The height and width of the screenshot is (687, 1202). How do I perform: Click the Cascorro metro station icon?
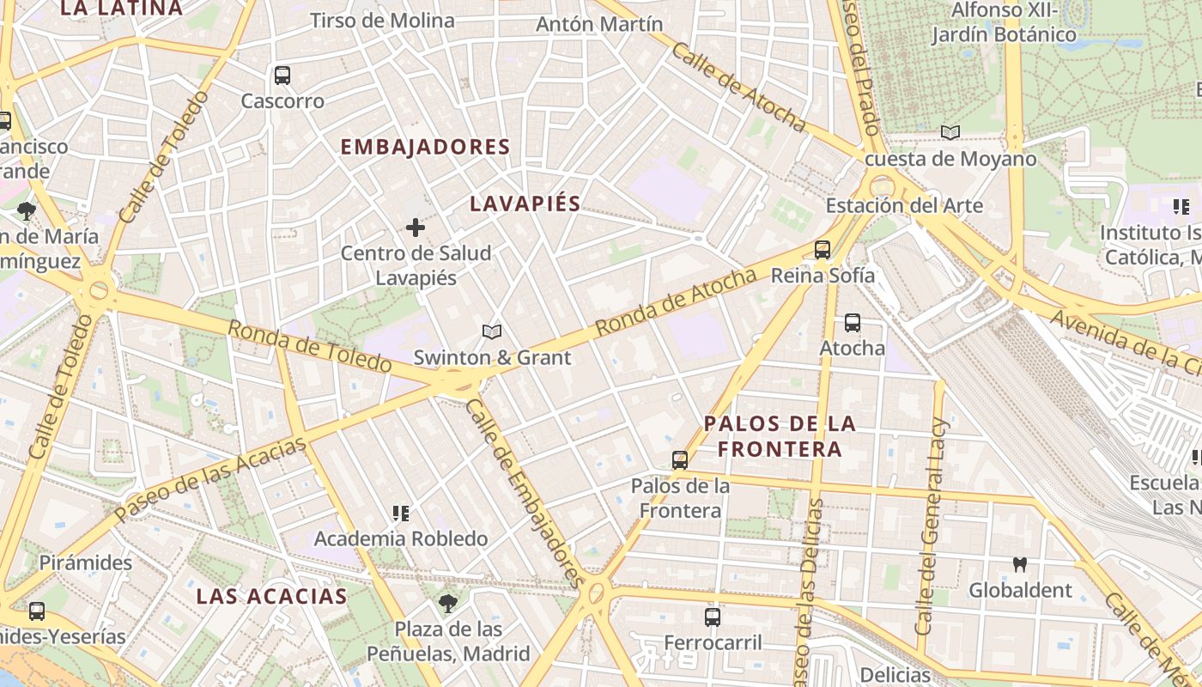282,76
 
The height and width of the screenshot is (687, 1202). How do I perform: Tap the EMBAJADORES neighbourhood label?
426,147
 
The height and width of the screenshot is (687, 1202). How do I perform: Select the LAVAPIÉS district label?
526,204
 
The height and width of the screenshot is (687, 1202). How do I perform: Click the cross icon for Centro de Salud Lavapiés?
416,228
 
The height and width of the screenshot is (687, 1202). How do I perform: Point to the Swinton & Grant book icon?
491,331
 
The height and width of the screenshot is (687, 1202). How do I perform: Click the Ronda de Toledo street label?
309,346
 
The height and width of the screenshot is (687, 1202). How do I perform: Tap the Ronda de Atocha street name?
677,302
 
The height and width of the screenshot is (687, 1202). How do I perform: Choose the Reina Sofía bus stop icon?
823,250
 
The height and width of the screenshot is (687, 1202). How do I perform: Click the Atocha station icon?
852,323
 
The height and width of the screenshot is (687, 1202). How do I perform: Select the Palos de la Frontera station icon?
680,460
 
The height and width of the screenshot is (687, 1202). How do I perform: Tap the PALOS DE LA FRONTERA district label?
780,436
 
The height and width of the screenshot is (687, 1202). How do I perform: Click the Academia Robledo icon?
400,514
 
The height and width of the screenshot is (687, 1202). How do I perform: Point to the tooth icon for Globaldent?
1020,564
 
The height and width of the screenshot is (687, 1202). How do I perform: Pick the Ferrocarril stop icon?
713,617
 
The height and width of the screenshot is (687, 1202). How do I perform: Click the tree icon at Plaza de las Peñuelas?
447,603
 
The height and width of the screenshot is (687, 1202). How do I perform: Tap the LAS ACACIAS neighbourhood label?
271,596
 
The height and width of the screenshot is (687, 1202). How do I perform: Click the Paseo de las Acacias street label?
210,478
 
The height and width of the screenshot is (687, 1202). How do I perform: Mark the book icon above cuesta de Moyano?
950,132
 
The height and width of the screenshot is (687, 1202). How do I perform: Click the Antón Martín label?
599,24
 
